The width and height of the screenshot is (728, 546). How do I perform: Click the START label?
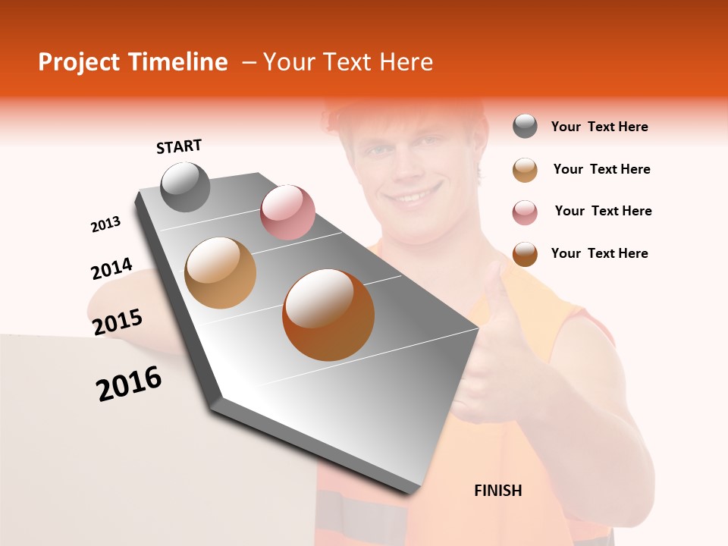coord(179,146)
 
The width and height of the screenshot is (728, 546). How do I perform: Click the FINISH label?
coord(498,491)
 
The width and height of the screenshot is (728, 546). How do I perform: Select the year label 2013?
coord(105,224)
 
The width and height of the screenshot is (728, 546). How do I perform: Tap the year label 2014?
coord(111,268)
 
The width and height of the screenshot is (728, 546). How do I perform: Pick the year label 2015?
coord(118,322)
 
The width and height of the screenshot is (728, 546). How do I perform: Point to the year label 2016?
coord(129,383)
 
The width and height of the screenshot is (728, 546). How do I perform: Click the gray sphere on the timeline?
coord(186,187)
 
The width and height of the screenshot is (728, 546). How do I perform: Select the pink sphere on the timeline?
coord(287,212)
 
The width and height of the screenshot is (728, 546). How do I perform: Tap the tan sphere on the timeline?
coord(220,272)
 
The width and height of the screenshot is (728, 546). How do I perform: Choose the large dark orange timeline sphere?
coord(328,315)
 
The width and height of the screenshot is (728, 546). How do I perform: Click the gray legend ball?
coord(525,127)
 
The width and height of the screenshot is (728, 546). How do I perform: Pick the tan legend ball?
coord(525,170)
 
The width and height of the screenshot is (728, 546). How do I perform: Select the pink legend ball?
coord(525,212)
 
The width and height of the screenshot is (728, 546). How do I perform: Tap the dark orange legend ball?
coord(525,254)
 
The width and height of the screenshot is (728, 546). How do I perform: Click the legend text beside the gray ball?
coord(599,127)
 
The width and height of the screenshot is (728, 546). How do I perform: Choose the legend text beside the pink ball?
coord(603,211)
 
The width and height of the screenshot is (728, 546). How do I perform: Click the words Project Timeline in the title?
coord(133,62)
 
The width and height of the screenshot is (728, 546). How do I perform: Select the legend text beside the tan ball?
coord(601,169)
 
